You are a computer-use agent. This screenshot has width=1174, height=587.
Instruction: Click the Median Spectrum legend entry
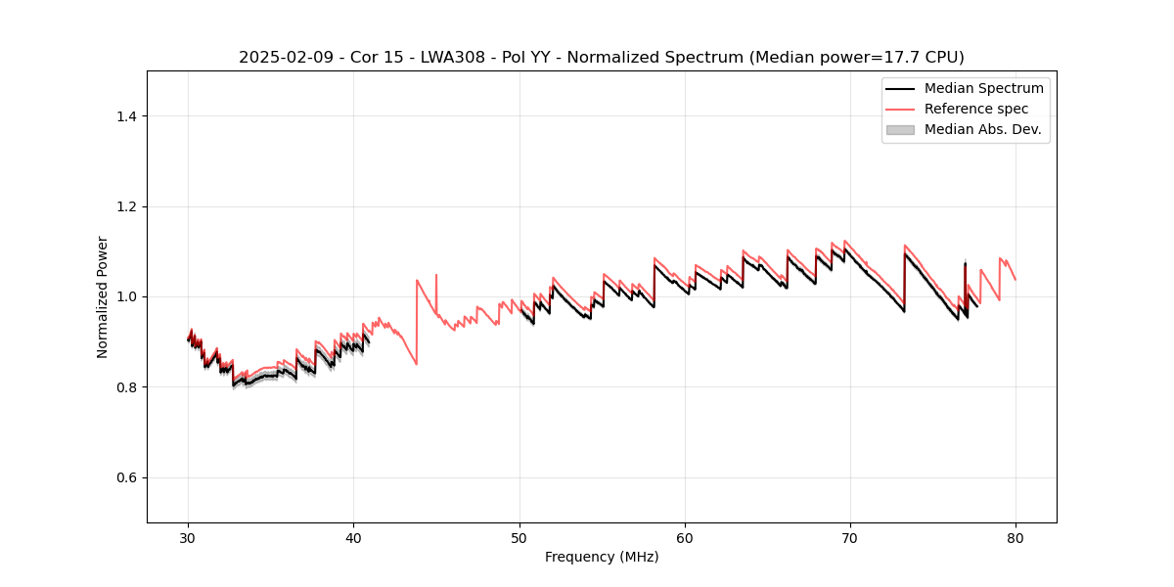coord(983,88)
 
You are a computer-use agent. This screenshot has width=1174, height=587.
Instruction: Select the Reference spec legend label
coord(975,109)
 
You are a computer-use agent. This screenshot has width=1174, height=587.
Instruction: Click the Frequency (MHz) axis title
coord(602,557)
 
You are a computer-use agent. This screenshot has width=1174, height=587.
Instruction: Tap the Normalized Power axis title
coord(103,296)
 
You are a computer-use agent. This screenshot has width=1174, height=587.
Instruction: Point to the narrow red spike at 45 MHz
coord(436,276)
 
